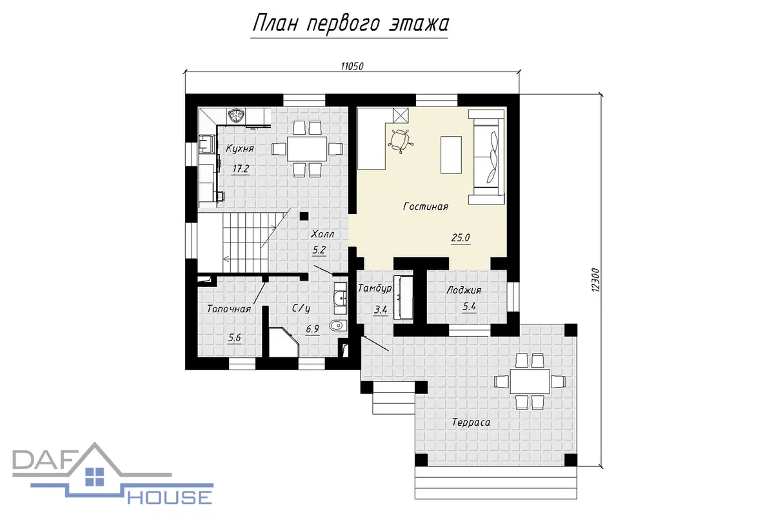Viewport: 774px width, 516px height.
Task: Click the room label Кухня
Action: point(240,148)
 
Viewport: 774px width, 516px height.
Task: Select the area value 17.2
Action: point(241,169)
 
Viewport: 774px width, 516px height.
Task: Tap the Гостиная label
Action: point(426,206)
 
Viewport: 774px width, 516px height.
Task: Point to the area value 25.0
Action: point(461,238)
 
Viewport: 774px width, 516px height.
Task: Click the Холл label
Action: point(322,234)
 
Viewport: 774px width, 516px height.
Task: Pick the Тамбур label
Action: point(375,288)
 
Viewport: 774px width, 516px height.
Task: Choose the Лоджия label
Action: point(464,290)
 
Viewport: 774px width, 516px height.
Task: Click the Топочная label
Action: point(229,309)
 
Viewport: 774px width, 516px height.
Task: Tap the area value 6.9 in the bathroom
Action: point(312,329)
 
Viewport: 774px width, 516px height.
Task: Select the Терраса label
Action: point(471,422)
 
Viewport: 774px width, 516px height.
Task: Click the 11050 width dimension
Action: point(352,66)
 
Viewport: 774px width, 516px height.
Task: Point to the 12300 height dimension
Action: point(595,281)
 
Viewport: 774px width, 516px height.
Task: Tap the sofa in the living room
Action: point(486,157)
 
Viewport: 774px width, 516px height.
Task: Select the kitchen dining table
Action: point(307,149)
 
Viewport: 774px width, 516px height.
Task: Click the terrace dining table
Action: point(530,381)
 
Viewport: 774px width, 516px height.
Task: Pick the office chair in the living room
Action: point(400,141)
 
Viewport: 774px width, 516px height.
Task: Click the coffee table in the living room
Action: point(451,155)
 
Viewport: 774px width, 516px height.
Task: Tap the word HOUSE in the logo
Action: point(170,498)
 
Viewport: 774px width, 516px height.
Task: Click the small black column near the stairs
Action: point(304,216)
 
